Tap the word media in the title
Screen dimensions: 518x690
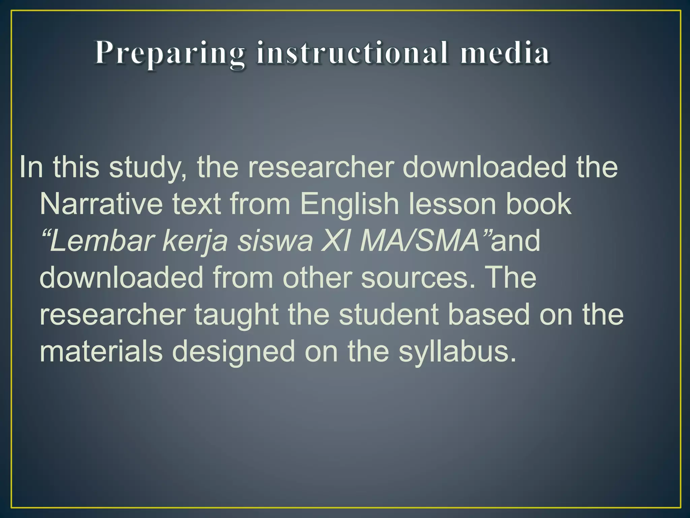[x=505, y=53]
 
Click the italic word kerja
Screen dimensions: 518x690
[x=195, y=241]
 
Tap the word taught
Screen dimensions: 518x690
[x=236, y=315]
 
